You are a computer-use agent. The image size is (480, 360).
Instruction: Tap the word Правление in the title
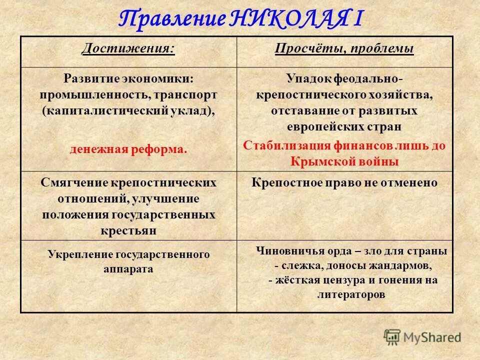click(x=172, y=19)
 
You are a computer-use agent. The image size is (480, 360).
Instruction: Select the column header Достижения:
click(x=128, y=49)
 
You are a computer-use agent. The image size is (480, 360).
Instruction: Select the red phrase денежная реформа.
click(x=128, y=149)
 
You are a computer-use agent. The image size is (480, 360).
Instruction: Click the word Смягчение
click(x=74, y=182)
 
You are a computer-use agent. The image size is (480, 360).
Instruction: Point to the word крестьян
click(x=128, y=230)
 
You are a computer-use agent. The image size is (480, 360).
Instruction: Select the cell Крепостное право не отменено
click(x=344, y=182)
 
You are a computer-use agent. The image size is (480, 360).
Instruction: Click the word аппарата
click(x=128, y=268)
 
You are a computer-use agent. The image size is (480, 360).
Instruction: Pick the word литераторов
click(x=351, y=294)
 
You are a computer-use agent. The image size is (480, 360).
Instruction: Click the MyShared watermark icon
click(x=392, y=337)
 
